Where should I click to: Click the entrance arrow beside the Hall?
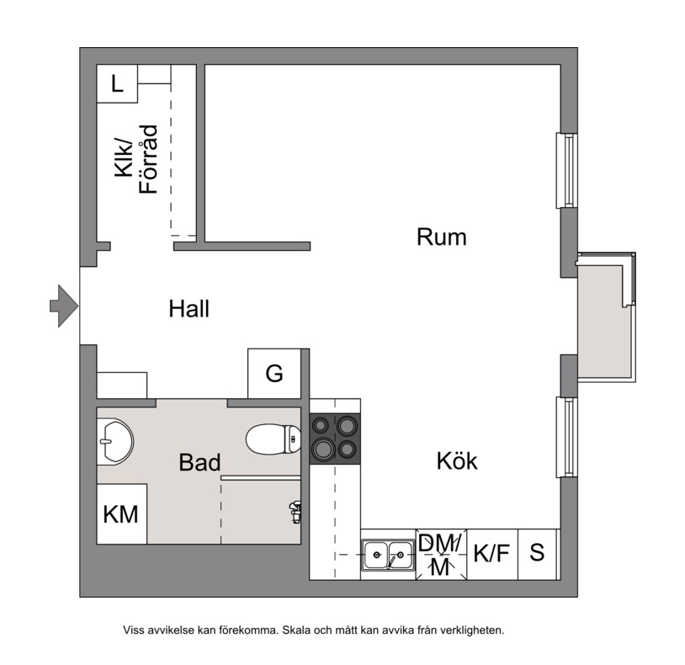pos(64,306)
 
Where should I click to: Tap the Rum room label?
pos(441,237)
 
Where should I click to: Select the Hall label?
pos(189,308)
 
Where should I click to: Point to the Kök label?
pos(457,460)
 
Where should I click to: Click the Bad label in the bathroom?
pos(199,462)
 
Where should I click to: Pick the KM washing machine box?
pos(121,513)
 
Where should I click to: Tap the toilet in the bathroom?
pos(273,439)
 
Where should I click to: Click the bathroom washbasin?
pos(114,441)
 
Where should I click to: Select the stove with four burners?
pos(335,439)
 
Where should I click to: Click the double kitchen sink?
pos(388,555)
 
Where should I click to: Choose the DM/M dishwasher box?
pos(441,555)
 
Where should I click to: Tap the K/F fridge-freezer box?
pos(492,555)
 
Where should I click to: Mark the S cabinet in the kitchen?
pos(538,555)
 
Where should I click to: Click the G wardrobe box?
pos(274,374)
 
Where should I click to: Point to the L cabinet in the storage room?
pos(117,84)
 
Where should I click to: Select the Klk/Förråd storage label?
pos(135,159)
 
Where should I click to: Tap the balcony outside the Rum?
pos(606,317)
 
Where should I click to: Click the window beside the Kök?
pos(566,437)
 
